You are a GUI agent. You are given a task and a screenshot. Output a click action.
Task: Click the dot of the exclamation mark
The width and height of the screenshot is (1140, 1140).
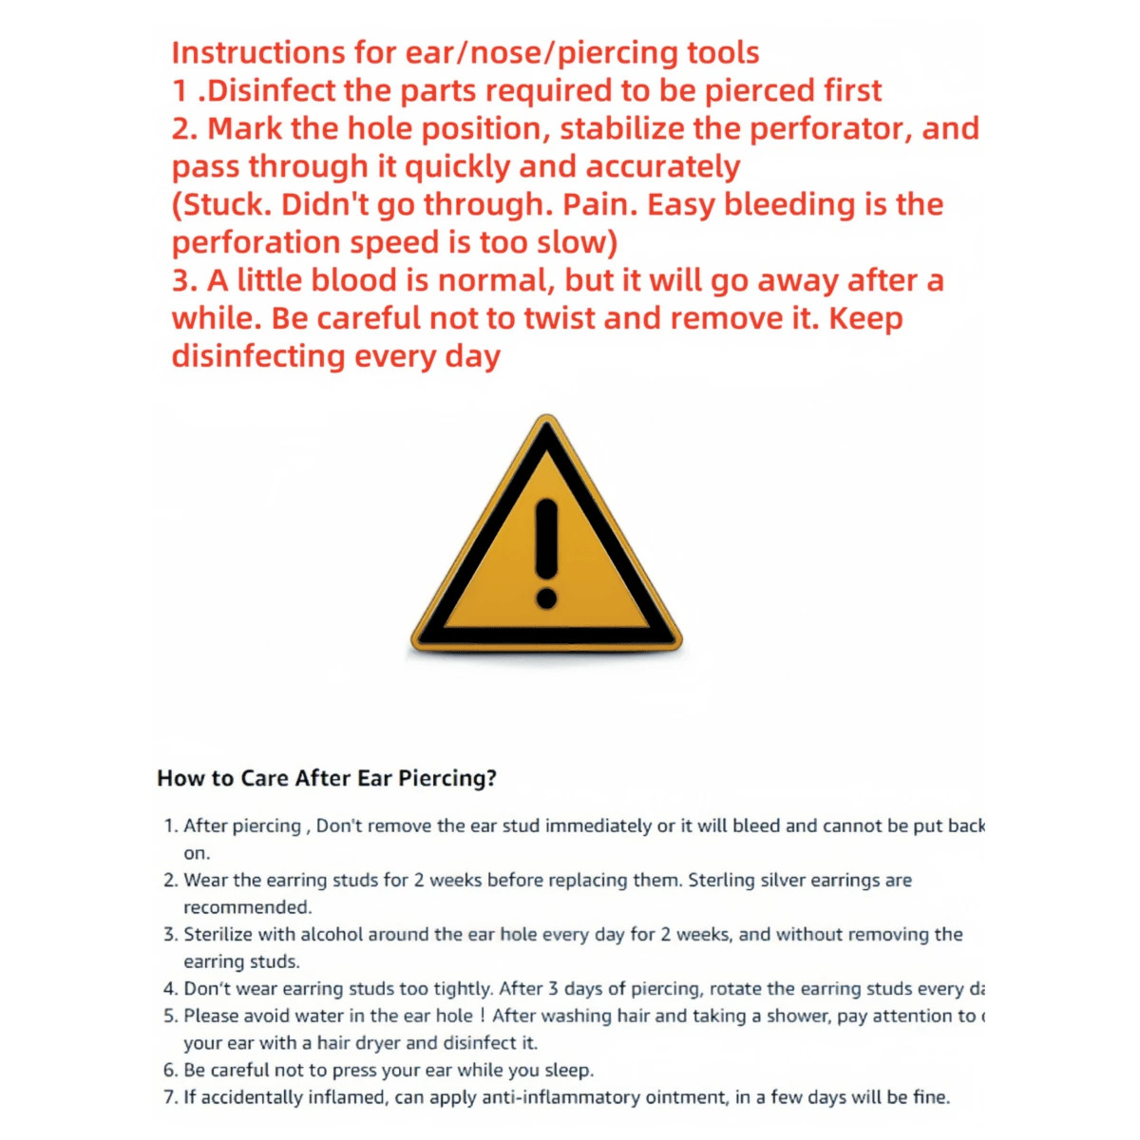(546, 598)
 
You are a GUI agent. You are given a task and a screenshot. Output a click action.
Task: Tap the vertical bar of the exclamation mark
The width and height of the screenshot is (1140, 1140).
(546, 537)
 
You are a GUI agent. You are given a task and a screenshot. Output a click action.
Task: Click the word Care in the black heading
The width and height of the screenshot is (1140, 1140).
(265, 778)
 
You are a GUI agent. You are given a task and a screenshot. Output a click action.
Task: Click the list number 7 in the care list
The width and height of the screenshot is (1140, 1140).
(169, 1097)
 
